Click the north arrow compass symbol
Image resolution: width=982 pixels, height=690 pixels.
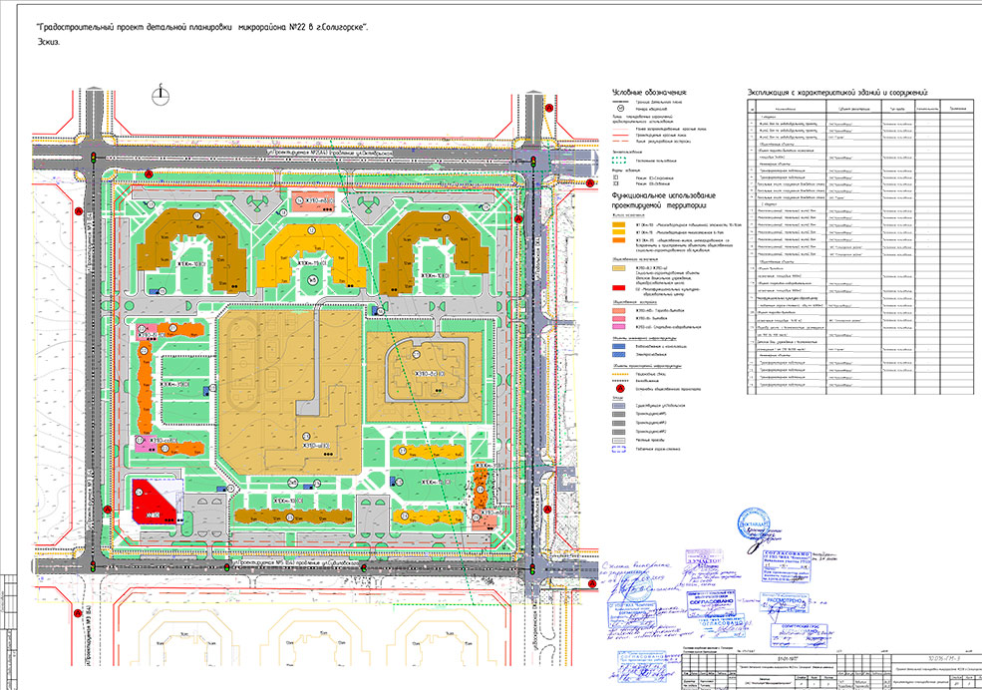click(160, 94)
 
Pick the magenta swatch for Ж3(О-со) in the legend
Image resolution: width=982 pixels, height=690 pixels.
click(617, 326)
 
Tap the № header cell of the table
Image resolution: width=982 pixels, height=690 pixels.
click(755, 108)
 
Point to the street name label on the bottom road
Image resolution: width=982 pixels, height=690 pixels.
click(299, 564)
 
